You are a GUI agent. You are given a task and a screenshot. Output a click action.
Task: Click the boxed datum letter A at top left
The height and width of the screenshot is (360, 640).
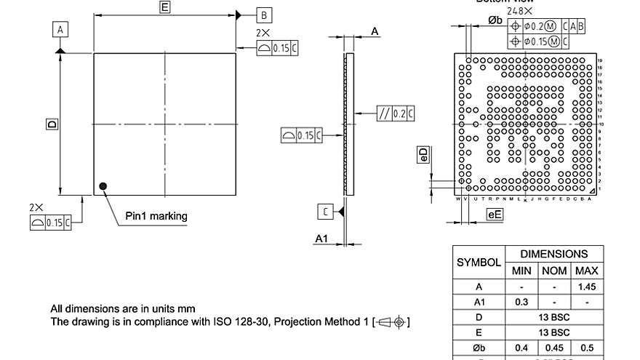(61, 29)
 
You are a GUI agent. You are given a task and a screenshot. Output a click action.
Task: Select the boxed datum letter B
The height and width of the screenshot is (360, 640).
(264, 15)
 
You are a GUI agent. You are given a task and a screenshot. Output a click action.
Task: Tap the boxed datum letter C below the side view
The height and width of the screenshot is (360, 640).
(326, 211)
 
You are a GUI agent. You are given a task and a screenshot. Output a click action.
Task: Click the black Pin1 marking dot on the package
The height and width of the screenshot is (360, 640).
(103, 186)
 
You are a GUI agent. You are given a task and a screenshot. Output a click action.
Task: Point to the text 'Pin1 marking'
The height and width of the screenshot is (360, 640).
(156, 216)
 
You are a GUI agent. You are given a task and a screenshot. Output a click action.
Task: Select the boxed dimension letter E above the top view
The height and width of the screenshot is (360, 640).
(165, 7)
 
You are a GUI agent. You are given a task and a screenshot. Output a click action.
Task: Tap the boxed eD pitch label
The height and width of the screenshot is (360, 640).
(423, 154)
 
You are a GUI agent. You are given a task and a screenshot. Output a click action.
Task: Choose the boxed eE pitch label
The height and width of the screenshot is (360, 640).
(495, 214)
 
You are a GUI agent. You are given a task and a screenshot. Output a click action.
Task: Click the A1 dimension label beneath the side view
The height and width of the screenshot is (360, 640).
(321, 239)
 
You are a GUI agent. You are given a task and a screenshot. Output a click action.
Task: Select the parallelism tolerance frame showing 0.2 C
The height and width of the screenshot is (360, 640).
(396, 113)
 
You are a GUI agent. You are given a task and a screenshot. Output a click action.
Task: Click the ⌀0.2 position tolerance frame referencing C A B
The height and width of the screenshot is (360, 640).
(549, 26)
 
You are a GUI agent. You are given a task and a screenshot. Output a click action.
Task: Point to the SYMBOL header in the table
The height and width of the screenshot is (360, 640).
(479, 263)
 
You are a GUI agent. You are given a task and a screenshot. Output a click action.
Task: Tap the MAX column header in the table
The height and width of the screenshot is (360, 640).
(587, 271)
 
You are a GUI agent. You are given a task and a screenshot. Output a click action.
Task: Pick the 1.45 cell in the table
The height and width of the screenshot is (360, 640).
(587, 287)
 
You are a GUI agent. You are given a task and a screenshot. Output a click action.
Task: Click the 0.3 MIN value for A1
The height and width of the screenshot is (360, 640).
(521, 302)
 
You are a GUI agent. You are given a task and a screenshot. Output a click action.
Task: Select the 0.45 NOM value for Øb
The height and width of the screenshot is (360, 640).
(554, 348)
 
